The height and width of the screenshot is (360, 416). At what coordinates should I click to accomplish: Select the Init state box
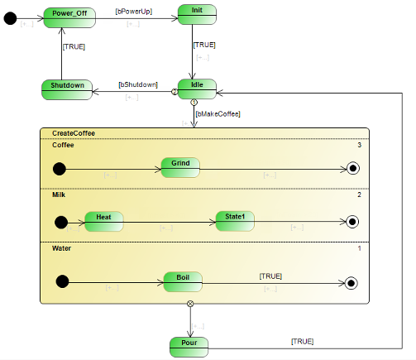click(x=197, y=14)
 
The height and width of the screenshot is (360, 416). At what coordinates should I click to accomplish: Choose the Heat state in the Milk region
click(x=103, y=221)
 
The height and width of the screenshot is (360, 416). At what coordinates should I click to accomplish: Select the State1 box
click(x=235, y=221)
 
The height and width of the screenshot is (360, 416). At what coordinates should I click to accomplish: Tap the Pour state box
click(x=189, y=345)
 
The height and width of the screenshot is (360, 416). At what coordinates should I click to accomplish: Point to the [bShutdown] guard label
click(x=137, y=84)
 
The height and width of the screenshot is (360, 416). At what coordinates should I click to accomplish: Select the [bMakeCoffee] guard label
click(x=218, y=114)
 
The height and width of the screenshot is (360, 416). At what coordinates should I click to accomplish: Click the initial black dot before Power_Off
click(x=10, y=17)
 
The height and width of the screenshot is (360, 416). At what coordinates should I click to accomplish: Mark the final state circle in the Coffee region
click(x=353, y=169)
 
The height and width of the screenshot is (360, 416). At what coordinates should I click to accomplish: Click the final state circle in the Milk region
click(x=353, y=222)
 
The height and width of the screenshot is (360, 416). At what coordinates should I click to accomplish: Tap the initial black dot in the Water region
click(x=62, y=281)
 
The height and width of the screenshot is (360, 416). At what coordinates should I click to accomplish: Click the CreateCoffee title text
click(x=73, y=133)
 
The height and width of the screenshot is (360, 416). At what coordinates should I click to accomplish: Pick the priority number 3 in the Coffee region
click(x=359, y=146)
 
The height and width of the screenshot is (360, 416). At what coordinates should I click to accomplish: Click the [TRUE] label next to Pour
click(x=302, y=341)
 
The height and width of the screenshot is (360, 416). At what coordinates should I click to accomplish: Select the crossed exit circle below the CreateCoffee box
click(x=191, y=304)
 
